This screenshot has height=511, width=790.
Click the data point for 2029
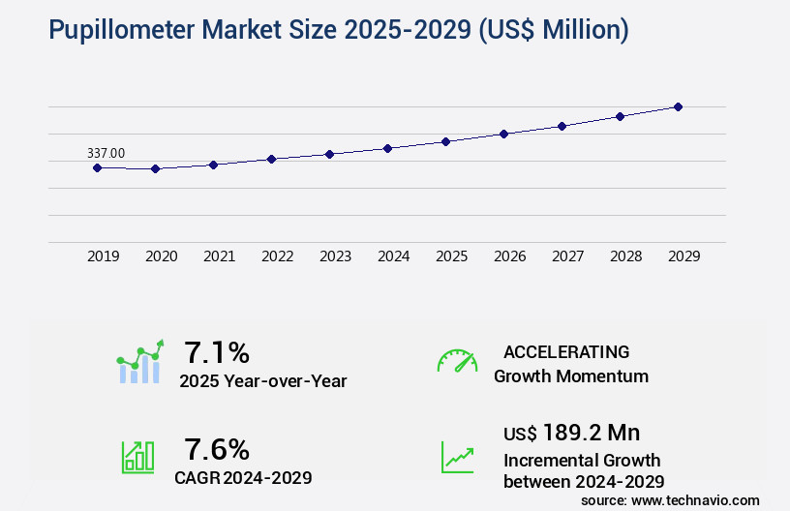(x=678, y=106)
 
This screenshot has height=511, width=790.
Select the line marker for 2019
(x=97, y=167)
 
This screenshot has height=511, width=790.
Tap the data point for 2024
(x=387, y=148)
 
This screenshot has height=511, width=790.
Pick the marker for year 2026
(x=503, y=134)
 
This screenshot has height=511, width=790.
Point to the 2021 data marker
(x=213, y=165)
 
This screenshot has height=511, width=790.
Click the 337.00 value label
(x=106, y=153)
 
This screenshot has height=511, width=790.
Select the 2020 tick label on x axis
(x=162, y=256)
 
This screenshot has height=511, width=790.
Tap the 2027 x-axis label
(x=568, y=256)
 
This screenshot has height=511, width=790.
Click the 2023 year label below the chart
(x=336, y=256)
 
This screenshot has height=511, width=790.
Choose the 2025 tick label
(x=452, y=256)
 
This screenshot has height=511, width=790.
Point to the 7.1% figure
(x=218, y=351)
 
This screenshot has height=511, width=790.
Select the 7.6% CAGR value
(x=218, y=449)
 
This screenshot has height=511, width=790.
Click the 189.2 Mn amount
(x=592, y=432)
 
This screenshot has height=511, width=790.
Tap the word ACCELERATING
(x=566, y=351)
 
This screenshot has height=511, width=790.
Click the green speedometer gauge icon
(x=457, y=361)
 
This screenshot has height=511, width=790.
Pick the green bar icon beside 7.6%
(x=137, y=457)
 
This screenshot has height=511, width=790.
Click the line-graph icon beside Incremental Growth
(x=457, y=457)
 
